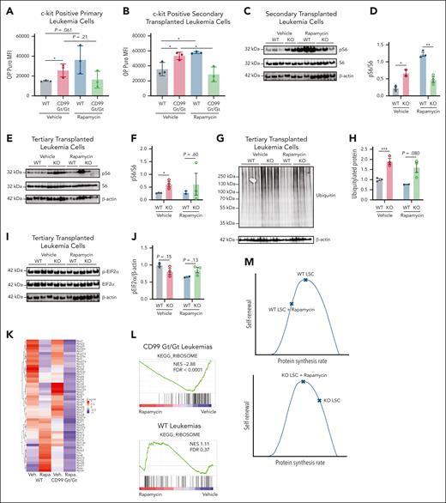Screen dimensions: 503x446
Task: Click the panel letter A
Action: coord(7,9)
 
